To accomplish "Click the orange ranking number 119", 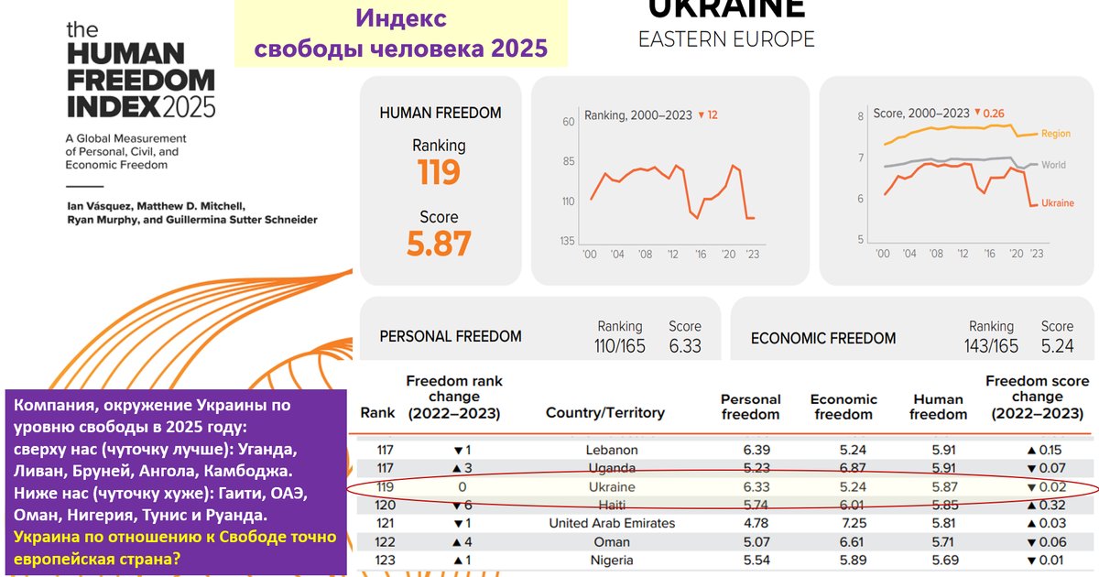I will point(439,172).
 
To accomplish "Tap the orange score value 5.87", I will point(439,244).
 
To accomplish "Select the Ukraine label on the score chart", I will point(1057,203).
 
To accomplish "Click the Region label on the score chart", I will point(1055,134).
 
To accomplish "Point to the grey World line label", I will point(1053,166).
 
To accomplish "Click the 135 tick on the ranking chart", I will point(568,241).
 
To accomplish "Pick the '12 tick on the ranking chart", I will point(673,255).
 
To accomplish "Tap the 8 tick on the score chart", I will point(860,116).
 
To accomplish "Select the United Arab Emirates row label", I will point(612,523).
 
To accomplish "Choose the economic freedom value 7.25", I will point(842,523).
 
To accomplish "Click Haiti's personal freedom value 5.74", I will point(750,505).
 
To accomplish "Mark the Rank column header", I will point(377,413).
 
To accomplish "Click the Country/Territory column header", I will point(604,413).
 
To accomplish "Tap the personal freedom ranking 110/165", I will point(620,345).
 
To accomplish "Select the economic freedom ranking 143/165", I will point(993,345).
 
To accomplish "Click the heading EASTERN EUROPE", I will point(726,39).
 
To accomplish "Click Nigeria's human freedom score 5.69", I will point(940,559).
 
